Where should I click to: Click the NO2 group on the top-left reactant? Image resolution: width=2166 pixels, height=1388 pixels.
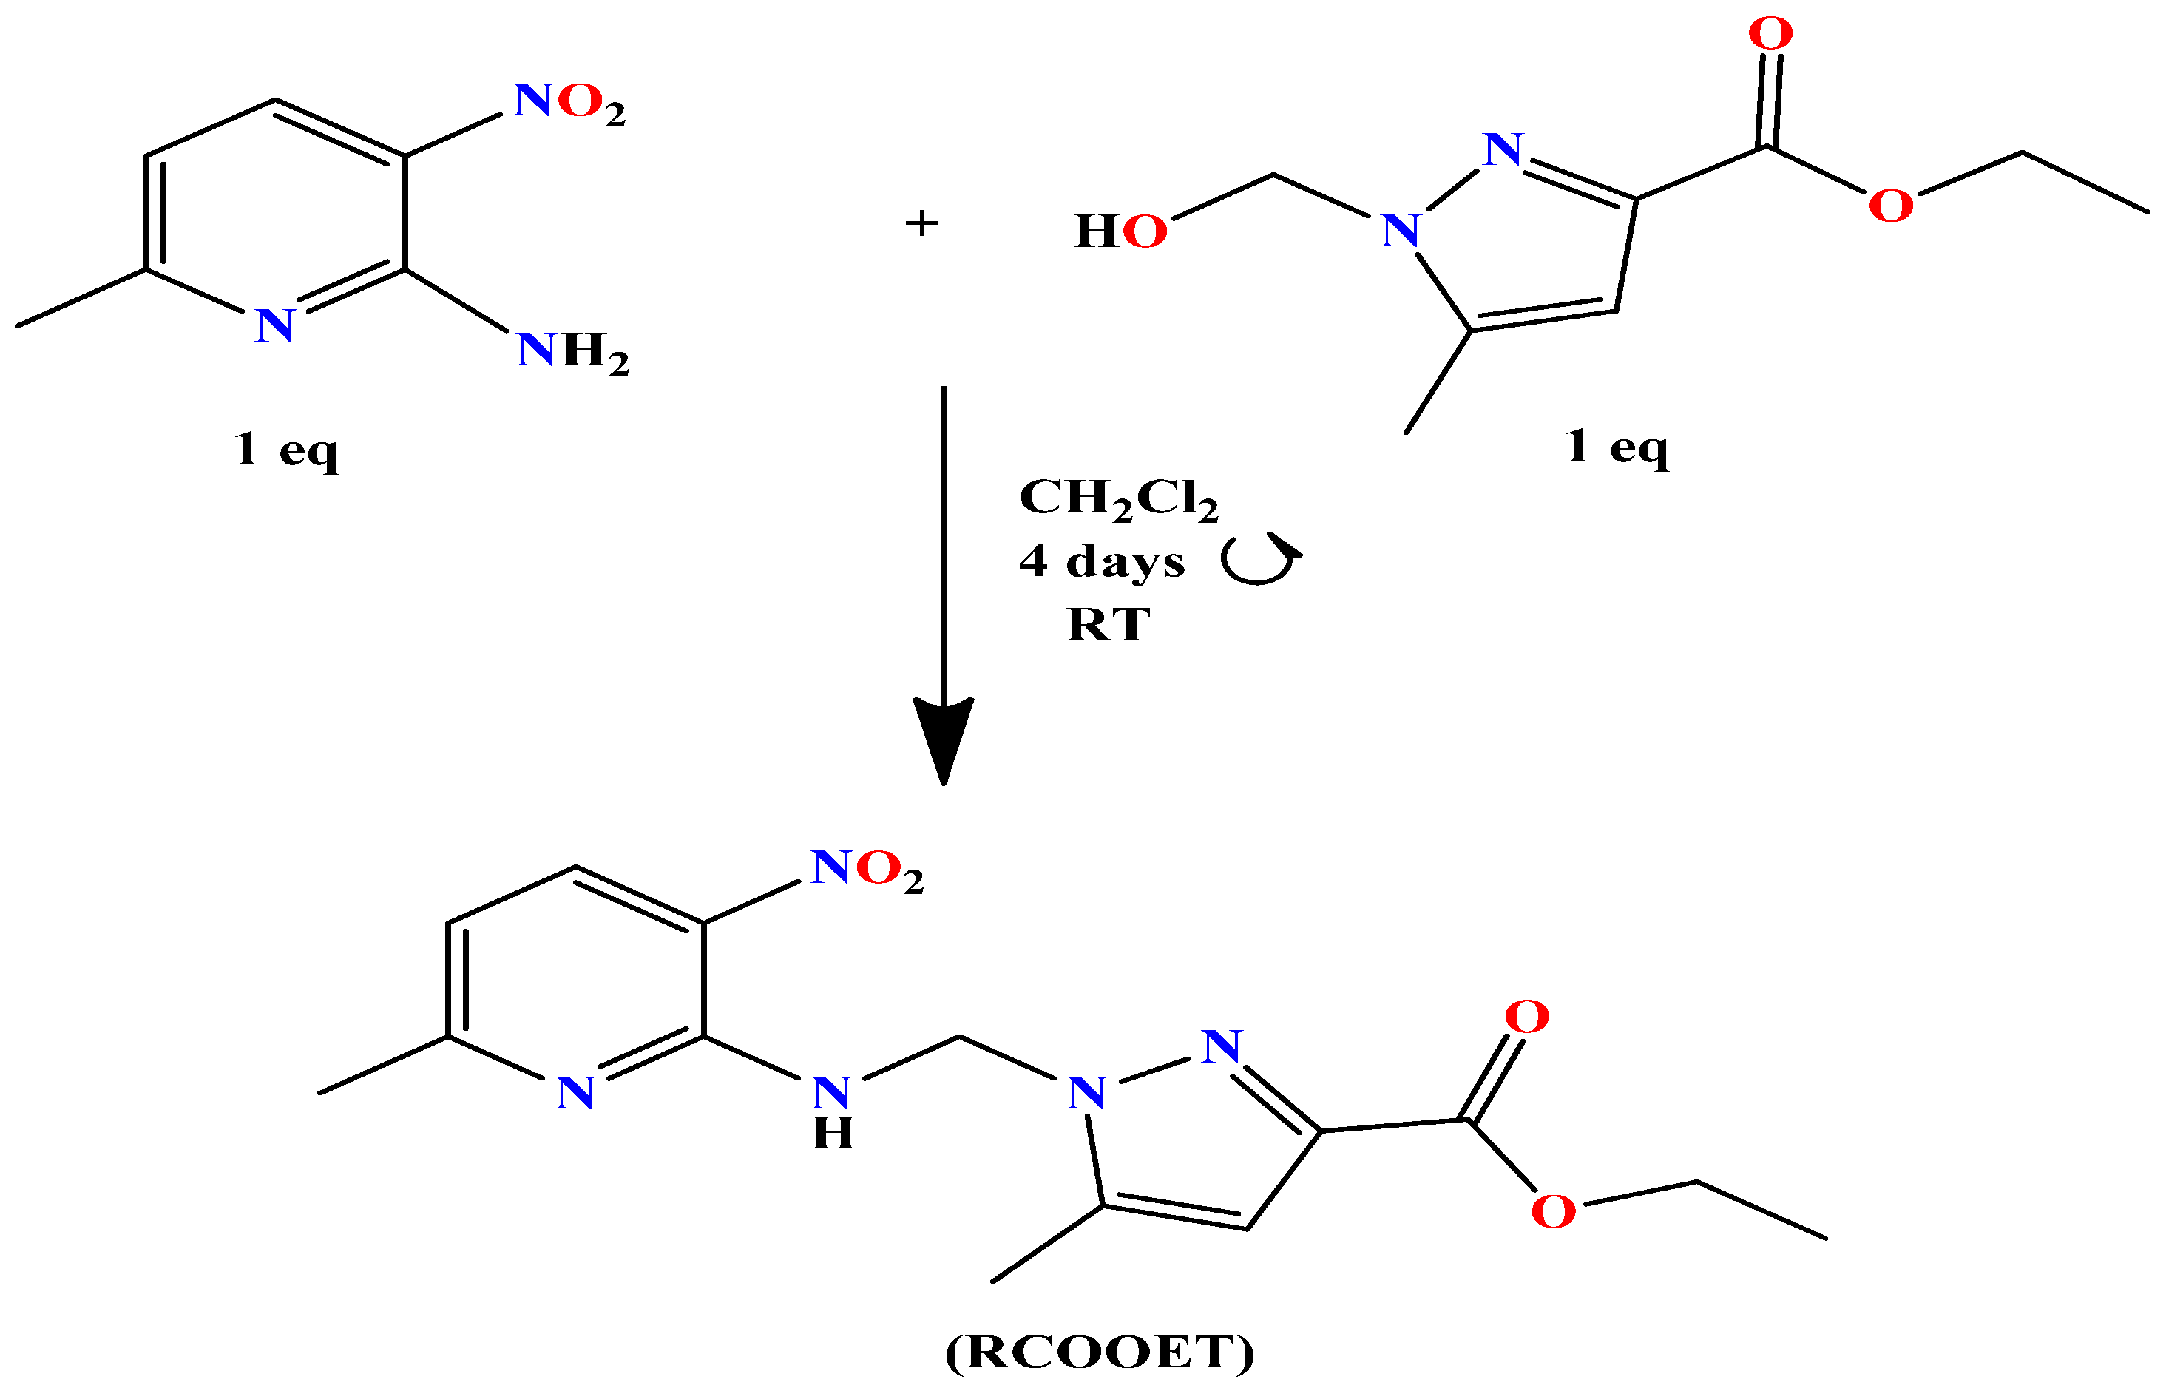point(569,103)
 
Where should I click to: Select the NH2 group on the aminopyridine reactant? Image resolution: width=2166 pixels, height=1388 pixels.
point(572,351)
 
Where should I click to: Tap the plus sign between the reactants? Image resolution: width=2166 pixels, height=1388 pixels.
point(921,223)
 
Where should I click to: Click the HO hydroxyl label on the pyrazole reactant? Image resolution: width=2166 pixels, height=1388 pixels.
point(1120,231)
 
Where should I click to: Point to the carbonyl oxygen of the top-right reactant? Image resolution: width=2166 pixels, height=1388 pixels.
point(1770,34)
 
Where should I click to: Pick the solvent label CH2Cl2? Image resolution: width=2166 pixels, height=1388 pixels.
point(1117,498)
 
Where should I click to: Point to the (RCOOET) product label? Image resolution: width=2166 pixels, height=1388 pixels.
point(1100,1353)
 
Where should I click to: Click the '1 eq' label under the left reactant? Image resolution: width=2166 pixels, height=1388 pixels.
point(285,449)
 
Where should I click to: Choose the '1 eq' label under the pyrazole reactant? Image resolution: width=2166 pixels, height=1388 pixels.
point(1616,446)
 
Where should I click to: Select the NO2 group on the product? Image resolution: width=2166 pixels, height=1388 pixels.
point(867,869)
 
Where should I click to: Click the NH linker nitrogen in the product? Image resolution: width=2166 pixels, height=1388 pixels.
point(831,1093)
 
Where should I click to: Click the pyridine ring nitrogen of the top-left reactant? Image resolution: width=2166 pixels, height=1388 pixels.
point(275,326)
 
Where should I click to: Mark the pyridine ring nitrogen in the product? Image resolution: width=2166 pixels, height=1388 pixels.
point(575,1093)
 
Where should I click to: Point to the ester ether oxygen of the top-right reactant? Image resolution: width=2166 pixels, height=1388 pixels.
point(1891,206)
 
